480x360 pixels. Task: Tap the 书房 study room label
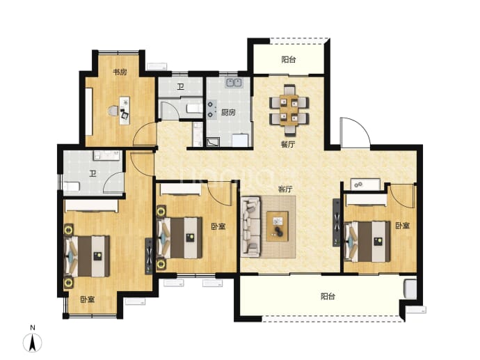[x=120, y=72]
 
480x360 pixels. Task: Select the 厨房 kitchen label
[x=228, y=112]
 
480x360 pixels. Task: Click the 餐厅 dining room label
[x=288, y=144]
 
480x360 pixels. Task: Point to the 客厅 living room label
[x=285, y=189]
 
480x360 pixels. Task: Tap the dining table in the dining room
[x=289, y=110]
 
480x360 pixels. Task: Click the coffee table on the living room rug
[x=278, y=226]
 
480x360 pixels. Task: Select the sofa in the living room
[x=250, y=226]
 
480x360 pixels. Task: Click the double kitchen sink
[x=234, y=83]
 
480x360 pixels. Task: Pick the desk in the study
[x=125, y=110]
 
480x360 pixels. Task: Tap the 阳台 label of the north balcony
[x=289, y=59]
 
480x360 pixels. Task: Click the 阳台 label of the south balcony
[x=328, y=296]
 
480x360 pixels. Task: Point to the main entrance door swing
[x=355, y=133]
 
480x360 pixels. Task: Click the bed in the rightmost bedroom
[x=367, y=242]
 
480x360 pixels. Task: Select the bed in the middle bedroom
[x=179, y=237]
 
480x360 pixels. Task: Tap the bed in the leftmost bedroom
[x=87, y=256]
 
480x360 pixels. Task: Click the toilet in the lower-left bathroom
[x=72, y=186]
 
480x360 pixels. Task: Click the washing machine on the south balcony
[x=410, y=288]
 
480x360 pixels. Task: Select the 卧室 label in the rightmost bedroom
[x=402, y=226]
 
